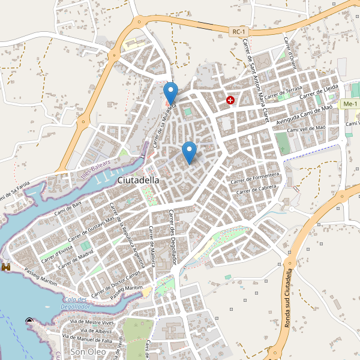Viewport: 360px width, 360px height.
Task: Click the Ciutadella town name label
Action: (x=139, y=179)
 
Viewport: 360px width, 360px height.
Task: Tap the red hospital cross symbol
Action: (x=230, y=100)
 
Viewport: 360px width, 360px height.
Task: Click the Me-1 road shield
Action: (x=349, y=104)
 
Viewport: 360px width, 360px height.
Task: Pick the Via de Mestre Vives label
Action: (x=92, y=322)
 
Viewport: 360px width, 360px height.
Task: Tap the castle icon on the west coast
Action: (x=7, y=266)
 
